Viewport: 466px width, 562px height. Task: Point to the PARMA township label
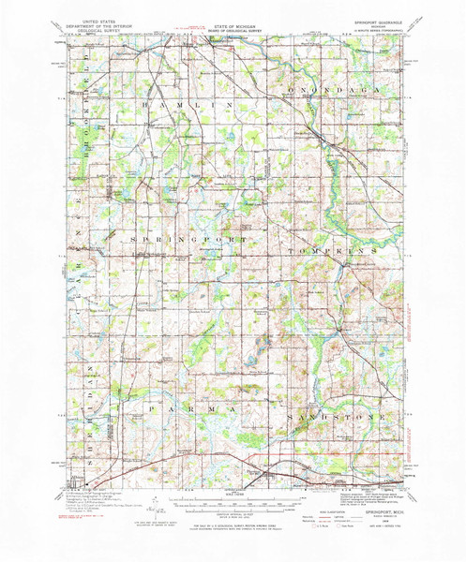pos(189,383)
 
